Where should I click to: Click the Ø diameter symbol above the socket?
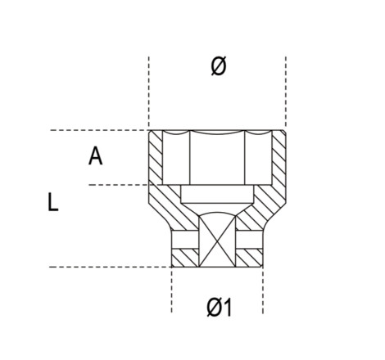click(x=219, y=65)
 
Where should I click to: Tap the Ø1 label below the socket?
click(x=220, y=307)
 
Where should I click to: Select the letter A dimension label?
click(x=95, y=155)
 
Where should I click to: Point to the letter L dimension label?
click(x=53, y=202)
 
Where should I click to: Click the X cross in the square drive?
click(x=217, y=241)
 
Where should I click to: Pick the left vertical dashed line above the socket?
click(x=149, y=92)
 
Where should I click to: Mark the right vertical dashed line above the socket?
click(x=286, y=92)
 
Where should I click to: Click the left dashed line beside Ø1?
click(x=171, y=290)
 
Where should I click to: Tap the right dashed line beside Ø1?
click(x=263, y=290)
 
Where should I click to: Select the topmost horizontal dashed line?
click(x=99, y=130)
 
